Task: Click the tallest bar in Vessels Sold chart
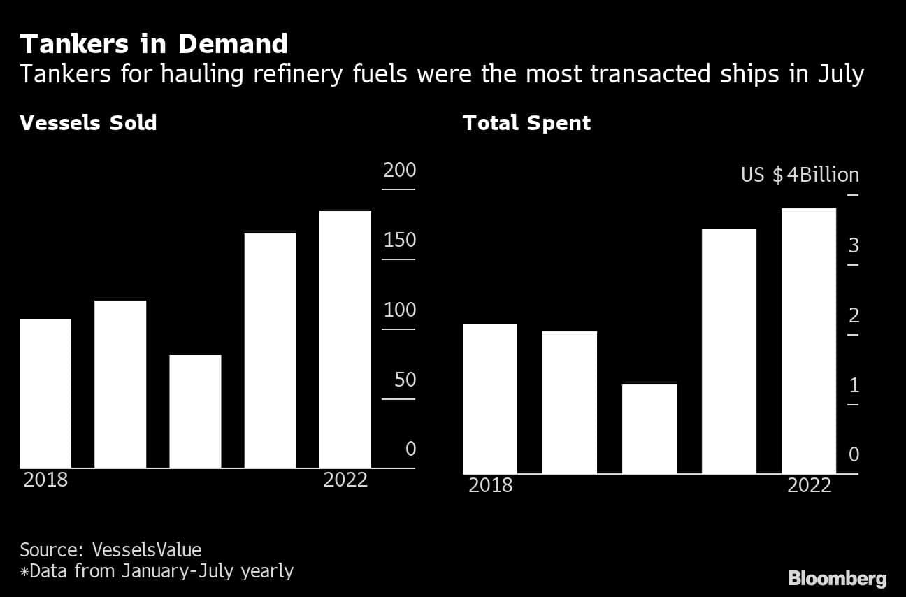[345, 340]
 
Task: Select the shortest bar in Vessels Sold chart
[195, 412]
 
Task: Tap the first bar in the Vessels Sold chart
[45, 394]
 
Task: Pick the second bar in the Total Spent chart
[569, 403]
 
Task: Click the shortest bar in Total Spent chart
[649, 429]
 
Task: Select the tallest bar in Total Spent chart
[808, 341]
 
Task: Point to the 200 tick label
[399, 171]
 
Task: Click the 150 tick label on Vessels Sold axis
[399, 240]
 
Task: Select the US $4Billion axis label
[800, 175]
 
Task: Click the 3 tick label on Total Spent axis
[853, 245]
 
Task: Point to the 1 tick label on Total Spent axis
[853, 385]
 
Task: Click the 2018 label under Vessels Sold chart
[46, 480]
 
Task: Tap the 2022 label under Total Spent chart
[809, 485]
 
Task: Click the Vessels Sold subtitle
[88, 123]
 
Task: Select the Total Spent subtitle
[526, 123]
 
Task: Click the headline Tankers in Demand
[154, 44]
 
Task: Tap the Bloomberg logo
[837, 578]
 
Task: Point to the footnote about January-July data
[157, 571]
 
